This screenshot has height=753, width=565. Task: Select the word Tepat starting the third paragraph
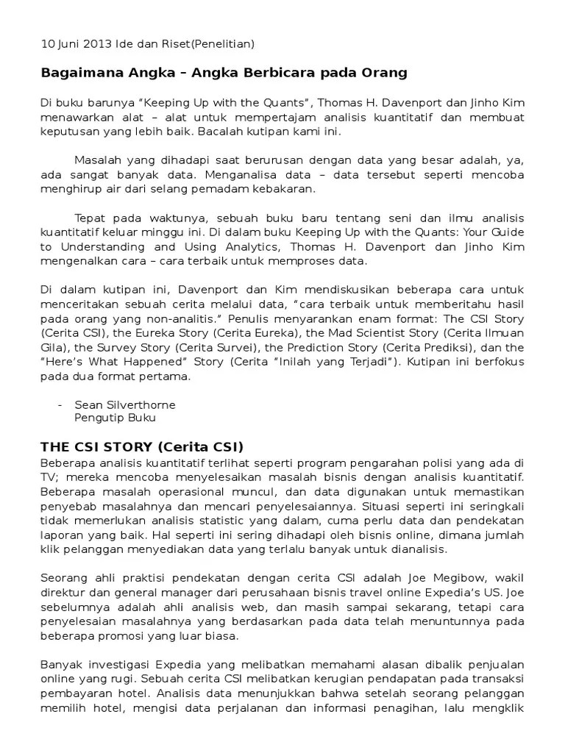click(90, 218)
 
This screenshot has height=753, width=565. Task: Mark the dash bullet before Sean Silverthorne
click(59, 404)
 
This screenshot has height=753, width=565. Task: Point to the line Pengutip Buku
click(115, 418)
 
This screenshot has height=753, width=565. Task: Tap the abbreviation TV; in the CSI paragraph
click(49, 476)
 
